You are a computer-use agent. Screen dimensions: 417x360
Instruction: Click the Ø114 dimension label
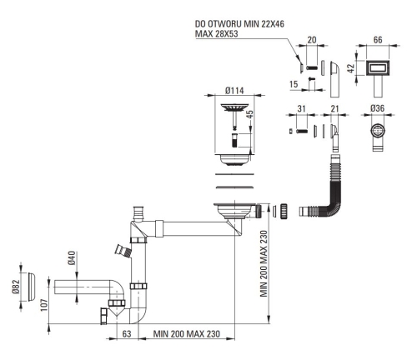(234, 91)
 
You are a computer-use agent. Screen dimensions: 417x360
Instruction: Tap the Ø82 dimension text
(16, 287)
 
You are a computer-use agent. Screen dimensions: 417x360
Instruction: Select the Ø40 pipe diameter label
(72, 258)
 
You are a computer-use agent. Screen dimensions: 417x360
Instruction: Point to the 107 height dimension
(44, 305)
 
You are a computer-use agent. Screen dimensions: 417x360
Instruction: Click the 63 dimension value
(127, 333)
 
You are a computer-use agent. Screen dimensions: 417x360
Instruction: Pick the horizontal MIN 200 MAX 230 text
(187, 333)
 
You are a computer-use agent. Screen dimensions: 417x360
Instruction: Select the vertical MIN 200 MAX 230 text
(264, 263)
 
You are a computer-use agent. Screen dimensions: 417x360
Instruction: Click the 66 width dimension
(378, 40)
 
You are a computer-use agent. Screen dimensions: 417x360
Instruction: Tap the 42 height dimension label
(351, 68)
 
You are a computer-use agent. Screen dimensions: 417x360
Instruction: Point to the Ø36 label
(377, 108)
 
